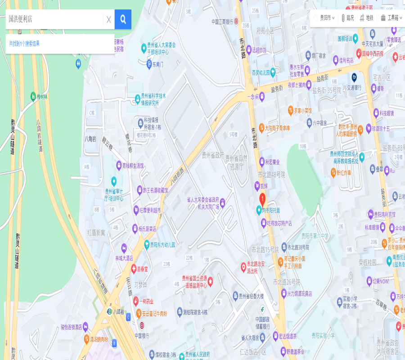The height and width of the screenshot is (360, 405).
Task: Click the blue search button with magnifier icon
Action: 123,19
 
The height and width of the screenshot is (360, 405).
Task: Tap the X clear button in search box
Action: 108,19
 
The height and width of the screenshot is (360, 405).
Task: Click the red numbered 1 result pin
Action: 262,199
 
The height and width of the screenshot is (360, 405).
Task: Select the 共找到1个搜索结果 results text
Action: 24,44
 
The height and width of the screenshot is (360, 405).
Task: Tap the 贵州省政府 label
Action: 212,155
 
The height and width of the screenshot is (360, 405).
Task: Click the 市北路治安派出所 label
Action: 255,267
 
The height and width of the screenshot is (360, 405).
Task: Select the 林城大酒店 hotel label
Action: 124,258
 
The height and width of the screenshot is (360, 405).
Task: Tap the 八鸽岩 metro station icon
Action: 109,311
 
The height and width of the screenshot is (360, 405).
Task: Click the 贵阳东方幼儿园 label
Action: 162,245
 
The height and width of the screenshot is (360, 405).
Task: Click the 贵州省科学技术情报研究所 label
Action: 153,99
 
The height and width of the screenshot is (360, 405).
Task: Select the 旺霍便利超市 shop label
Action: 150,210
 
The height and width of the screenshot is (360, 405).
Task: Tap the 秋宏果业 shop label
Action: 272,162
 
